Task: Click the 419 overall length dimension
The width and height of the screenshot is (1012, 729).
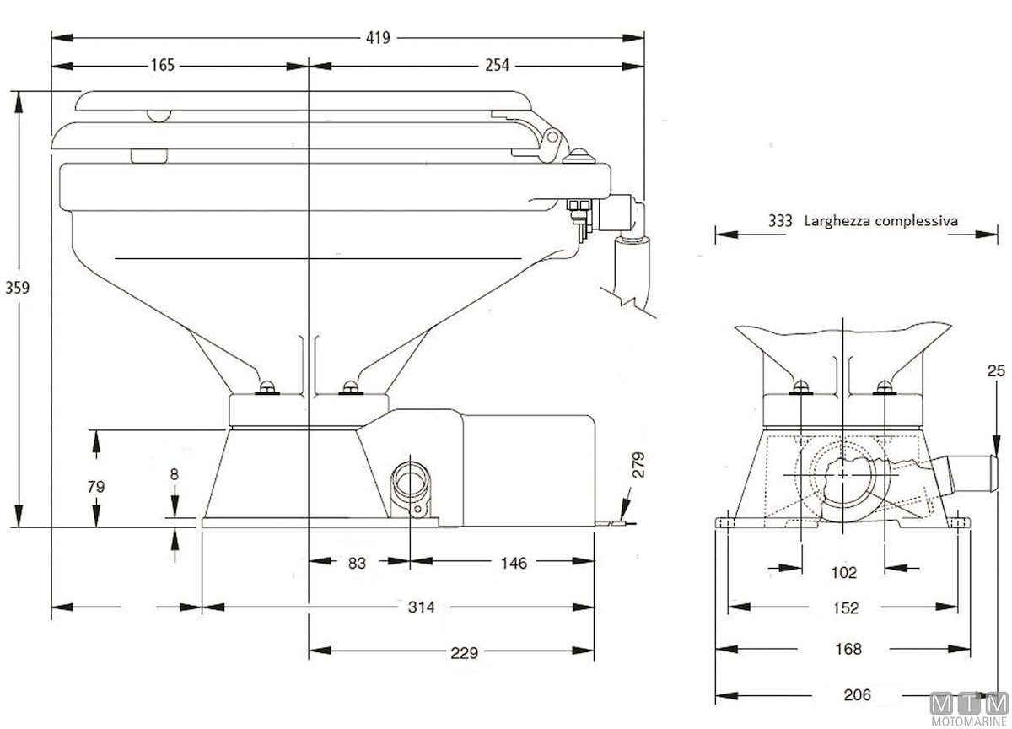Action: click(377, 37)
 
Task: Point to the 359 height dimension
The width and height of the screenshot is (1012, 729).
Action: click(17, 287)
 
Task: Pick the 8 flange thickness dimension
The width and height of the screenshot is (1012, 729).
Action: click(174, 474)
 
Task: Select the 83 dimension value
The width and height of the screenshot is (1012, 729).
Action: click(357, 563)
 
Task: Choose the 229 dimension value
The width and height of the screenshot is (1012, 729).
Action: click(464, 652)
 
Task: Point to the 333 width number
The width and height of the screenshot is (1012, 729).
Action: click(780, 221)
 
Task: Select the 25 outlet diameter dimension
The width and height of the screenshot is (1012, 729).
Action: click(996, 370)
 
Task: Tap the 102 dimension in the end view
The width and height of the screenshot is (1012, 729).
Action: click(843, 573)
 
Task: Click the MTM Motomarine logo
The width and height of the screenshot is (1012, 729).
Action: click(969, 707)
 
